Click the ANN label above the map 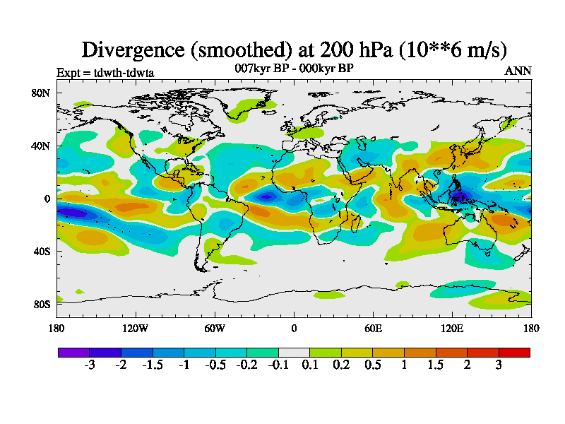click(518, 71)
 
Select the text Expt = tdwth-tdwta click(105, 72)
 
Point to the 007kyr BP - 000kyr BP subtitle click(294, 68)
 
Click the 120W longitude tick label click(136, 328)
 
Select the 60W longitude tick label click(215, 328)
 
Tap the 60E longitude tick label click(373, 328)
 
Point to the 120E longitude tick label click(452, 328)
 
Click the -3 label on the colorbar click(90, 365)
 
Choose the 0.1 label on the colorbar click(310, 365)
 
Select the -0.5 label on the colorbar click(215, 365)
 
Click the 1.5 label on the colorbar click(436, 365)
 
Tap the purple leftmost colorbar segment click(73, 352)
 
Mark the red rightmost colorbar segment click(514, 352)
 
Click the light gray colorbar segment click(294, 352)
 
